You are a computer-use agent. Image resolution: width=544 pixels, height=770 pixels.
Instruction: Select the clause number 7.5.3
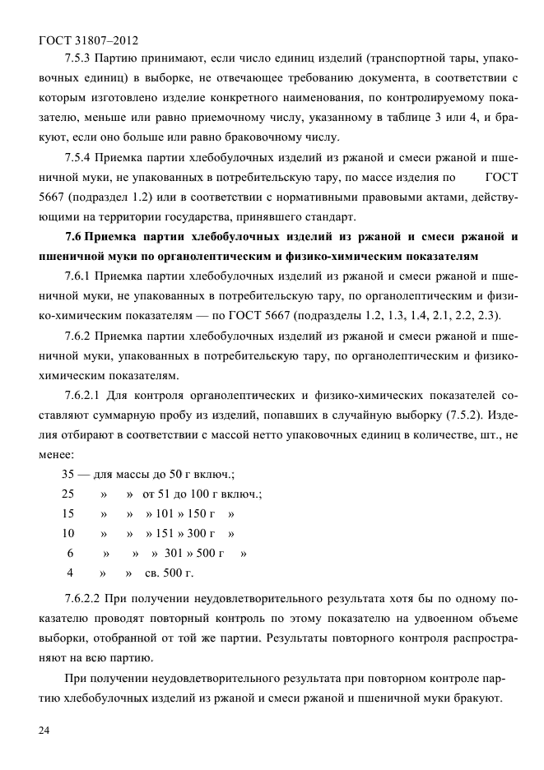point(78,60)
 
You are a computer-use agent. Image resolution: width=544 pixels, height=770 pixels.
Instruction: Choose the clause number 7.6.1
point(78,276)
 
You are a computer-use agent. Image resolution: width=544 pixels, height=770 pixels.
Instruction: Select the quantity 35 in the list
point(69,475)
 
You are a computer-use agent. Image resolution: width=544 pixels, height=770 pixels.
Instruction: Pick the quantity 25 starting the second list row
point(68,494)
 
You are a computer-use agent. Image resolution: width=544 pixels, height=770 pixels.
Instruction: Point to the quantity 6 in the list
point(70,554)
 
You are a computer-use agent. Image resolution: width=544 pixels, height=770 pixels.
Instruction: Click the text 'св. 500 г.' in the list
point(170,573)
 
